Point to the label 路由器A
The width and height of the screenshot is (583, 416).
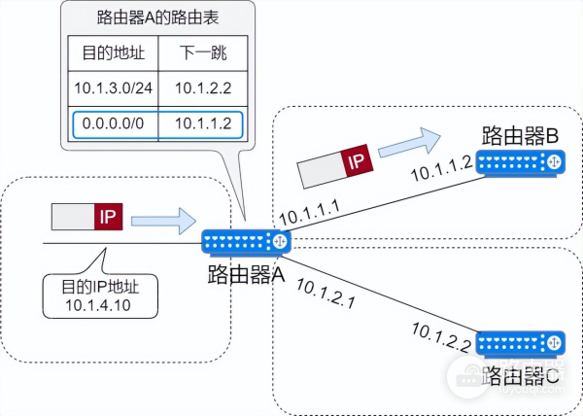click(x=246, y=274)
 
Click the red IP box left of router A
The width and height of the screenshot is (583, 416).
click(x=107, y=216)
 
